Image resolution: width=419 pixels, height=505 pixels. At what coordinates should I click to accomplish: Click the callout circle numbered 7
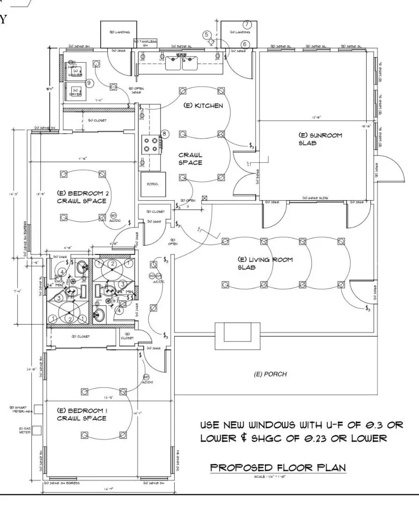[248, 25]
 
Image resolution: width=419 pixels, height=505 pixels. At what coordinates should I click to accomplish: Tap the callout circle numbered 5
[206, 35]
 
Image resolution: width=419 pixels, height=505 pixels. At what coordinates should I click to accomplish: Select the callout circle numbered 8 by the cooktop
[164, 134]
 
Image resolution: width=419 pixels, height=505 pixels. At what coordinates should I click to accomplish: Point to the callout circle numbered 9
[89, 82]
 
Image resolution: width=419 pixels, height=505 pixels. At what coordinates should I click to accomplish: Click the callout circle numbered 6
[244, 44]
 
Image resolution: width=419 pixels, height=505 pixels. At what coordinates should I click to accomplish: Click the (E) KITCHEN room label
[203, 106]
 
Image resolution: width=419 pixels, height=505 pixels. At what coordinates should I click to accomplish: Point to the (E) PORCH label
[270, 374]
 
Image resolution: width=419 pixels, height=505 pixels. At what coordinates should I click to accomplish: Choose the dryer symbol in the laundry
[75, 91]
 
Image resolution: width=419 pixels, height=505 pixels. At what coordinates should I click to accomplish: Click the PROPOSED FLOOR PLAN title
[278, 468]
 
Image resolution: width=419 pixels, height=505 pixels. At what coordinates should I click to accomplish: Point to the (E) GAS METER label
[24, 430]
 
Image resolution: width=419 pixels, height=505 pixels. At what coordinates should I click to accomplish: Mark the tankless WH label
[146, 43]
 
